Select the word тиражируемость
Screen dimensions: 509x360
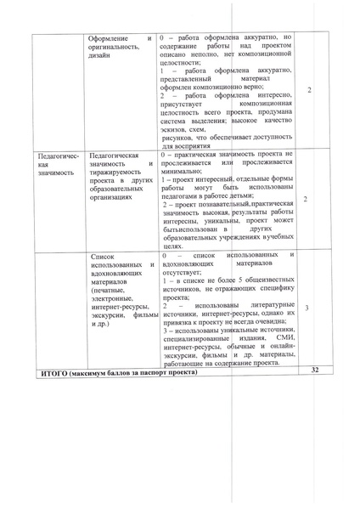coord(119,172)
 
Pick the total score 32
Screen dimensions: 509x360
coord(313,370)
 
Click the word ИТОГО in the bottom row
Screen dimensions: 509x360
coord(54,372)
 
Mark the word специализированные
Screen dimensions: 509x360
coord(197,338)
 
